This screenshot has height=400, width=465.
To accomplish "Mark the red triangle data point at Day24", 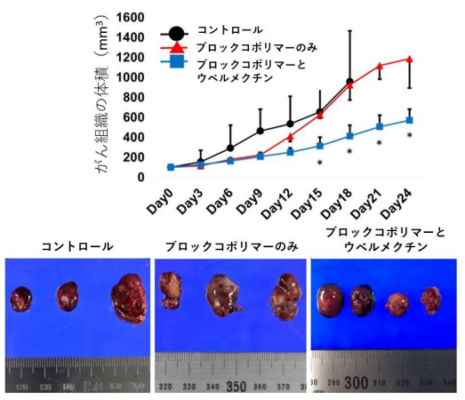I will coord(409,59).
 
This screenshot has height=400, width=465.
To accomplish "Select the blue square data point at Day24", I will coord(409,120).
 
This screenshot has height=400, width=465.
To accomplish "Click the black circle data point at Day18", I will coord(349,83).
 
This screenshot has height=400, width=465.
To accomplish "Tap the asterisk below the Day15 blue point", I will coord(319,163).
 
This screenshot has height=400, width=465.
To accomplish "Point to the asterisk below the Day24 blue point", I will coord(409,136).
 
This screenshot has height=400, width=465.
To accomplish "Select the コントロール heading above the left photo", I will coord(77,245).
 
